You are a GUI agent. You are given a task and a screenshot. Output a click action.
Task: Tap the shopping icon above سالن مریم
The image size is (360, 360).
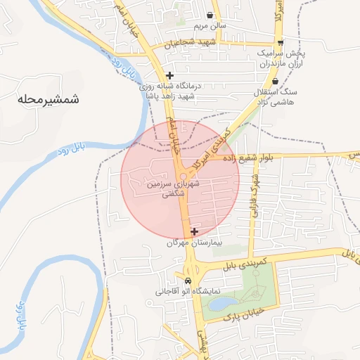tap(210, 15)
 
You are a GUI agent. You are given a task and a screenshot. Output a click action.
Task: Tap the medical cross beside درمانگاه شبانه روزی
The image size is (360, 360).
tap(169, 75)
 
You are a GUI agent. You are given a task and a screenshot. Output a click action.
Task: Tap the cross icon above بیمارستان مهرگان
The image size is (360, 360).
tap(194, 231)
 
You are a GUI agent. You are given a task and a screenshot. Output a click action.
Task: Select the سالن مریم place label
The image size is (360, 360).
tap(210, 26)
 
